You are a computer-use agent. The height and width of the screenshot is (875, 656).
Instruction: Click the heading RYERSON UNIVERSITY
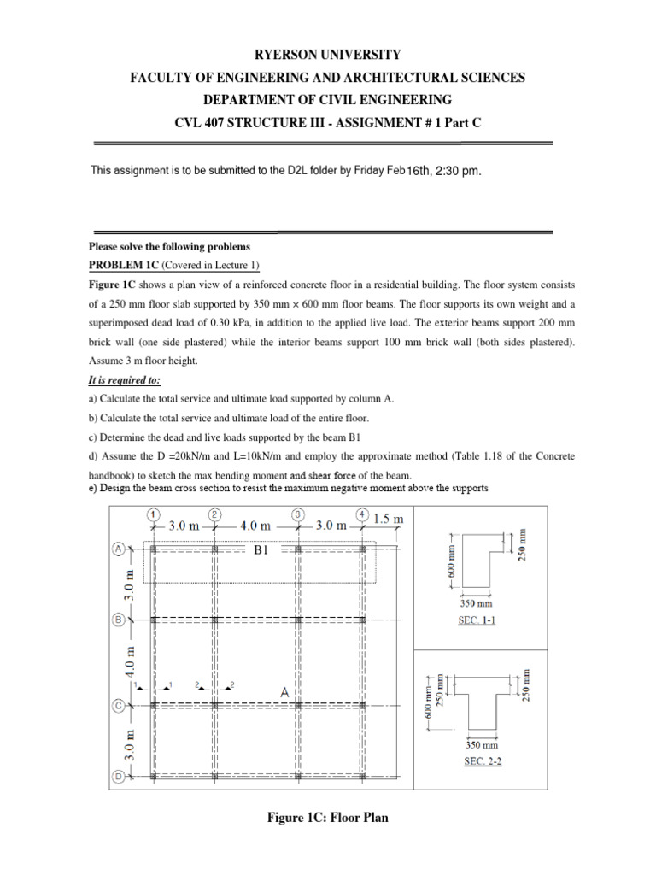tap(327, 54)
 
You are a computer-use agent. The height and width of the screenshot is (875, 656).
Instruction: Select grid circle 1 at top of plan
tap(152, 514)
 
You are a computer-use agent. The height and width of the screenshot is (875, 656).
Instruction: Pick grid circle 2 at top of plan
tap(215, 514)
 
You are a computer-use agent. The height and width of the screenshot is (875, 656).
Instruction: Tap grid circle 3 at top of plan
tap(296, 514)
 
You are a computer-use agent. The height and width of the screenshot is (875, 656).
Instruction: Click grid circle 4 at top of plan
tap(363, 514)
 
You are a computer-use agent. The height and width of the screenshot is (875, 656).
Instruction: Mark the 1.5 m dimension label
tap(388, 518)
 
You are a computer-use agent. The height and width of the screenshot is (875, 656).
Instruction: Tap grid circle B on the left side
tap(119, 618)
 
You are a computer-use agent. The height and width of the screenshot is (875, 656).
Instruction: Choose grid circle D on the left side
tap(119, 776)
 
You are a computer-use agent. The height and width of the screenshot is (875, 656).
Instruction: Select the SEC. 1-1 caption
tap(477, 621)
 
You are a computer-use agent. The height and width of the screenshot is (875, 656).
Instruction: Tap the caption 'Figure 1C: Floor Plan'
tap(327, 818)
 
